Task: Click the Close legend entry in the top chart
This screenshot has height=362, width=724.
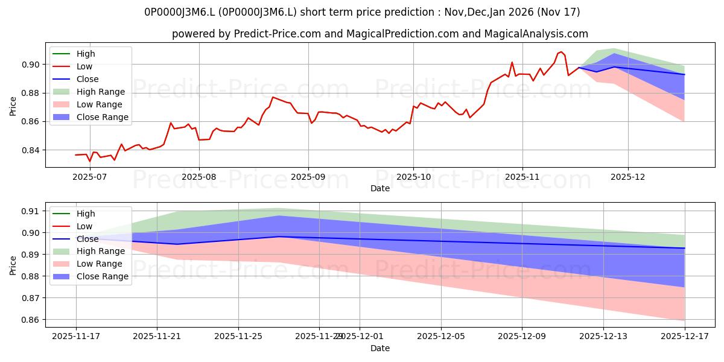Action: (87, 79)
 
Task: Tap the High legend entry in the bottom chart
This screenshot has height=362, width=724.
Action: (86, 214)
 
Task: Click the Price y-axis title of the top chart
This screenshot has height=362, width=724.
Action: (13, 107)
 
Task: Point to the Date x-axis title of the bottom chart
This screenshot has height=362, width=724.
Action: (380, 348)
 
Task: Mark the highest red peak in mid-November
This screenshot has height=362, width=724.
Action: (561, 52)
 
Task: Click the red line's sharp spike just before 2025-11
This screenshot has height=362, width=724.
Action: (512, 62)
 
